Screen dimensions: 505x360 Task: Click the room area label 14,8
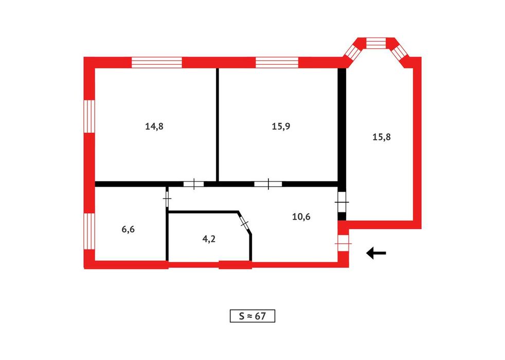pyautogui.click(x=154, y=126)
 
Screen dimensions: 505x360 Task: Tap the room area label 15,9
pyautogui.click(x=281, y=126)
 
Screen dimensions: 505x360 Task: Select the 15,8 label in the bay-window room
pyautogui.click(x=382, y=137)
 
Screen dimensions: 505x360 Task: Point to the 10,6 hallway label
pyautogui.click(x=301, y=217)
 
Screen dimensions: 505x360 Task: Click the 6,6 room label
pyautogui.click(x=128, y=229)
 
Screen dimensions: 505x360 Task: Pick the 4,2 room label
pyautogui.click(x=209, y=239)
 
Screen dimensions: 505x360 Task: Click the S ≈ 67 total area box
pyautogui.click(x=252, y=316)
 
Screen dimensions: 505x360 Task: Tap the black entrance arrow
pyautogui.click(x=376, y=253)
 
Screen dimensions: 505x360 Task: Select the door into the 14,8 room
pyautogui.click(x=194, y=184)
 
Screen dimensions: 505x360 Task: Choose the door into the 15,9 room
pyautogui.click(x=268, y=184)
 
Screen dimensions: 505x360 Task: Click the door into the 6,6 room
pyautogui.click(x=167, y=199)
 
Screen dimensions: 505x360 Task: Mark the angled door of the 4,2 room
pyautogui.click(x=245, y=223)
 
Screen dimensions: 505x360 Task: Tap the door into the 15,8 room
pyautogui.click(x=341, y=202)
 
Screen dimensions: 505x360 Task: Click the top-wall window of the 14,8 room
pyautogui.click(x=157, y=62)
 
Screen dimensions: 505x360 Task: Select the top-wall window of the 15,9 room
pyautogui.click(x=277, y=62)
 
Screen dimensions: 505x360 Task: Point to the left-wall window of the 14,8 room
pyautogui.click(x=89, y=116)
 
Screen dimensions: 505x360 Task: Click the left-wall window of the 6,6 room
pyautogui.click(x=89, y=231)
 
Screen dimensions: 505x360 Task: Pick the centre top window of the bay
pyautogui.click(x=376, y=43)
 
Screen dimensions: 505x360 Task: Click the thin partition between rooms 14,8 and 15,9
pyautogui.click(x=218, y=124)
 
